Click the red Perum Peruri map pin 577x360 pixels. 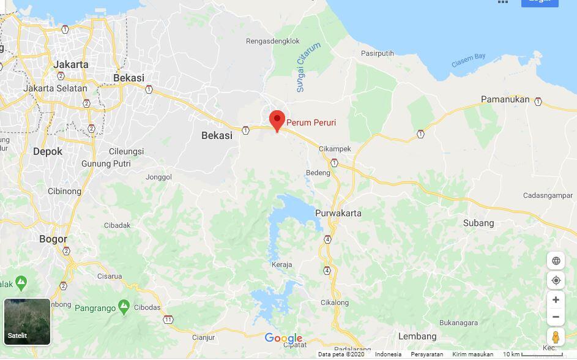click(x=277, y=120)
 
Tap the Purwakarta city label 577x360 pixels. click(x=338, y=214)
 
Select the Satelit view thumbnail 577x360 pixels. click(x=27, y=320)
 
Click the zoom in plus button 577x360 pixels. click(x=556, y=300)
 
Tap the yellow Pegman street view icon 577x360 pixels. click(x=556, y=337)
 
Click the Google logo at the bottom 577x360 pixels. click(x=283, y=338)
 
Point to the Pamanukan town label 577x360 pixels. click(x=504, y=99)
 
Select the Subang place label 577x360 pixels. click(x=478, y=223)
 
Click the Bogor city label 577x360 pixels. click(x=53, y=239)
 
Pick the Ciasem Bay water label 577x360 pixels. click(x=468, y=61)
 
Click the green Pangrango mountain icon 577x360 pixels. click(x=124, y=305)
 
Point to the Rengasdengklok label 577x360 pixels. click(x=272, y=42)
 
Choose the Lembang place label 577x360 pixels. click(x=417, y=336)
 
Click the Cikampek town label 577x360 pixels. click(x=334, y=149)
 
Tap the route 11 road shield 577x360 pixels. click(x=168, y=320)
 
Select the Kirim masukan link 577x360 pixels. click(x=472, y=354)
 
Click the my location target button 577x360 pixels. click(x=556, y=280)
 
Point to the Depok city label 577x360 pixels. click(x=48, y=151)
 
